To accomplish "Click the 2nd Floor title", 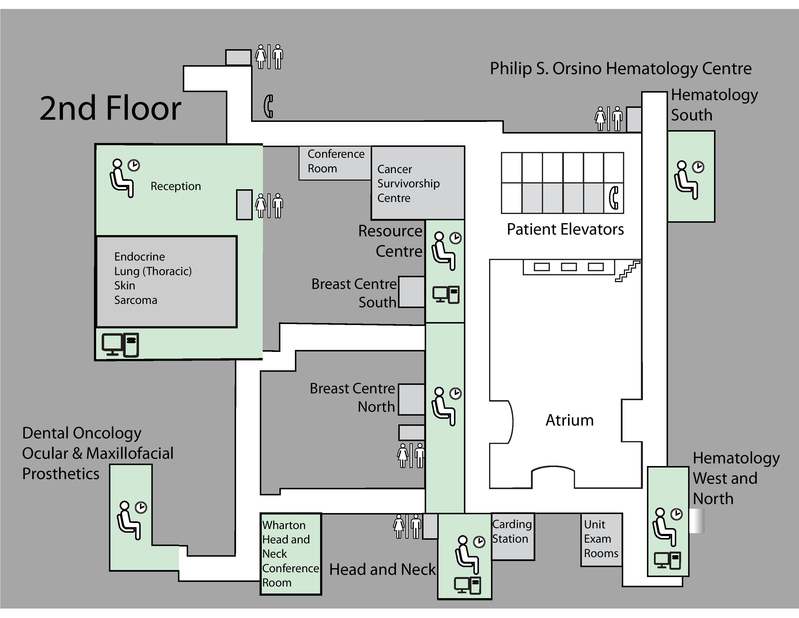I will coord(110,108).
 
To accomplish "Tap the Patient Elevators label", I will coord(565,230).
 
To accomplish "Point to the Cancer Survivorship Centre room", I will coord(417,183).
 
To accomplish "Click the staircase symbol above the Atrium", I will coord(627,271).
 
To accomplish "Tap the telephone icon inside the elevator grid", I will coord(614,198).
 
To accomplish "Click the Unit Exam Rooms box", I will coord(601,539).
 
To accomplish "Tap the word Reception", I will coord(176,186).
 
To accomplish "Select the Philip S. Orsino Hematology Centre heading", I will coord(621,68).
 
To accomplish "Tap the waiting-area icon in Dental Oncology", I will coord(131,520).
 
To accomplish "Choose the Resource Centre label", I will coord(390,241).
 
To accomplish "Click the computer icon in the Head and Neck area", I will coord(467,585).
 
